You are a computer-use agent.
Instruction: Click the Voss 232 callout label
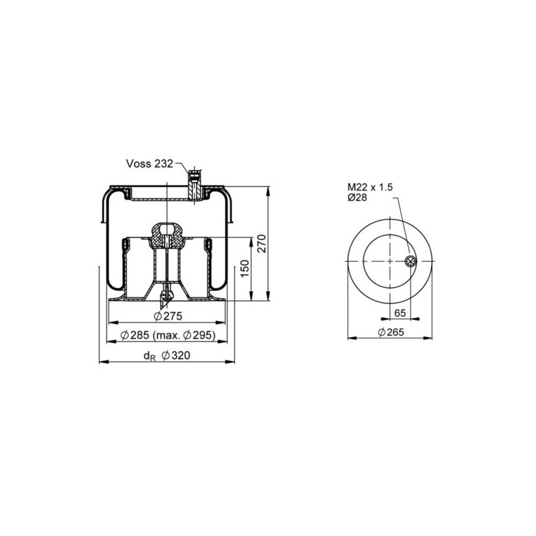pos(149,163)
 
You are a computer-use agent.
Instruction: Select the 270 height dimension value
pos(263,243)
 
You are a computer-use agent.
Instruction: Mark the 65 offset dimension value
pos(400,312)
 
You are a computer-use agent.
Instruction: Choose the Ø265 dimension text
pos(390,333)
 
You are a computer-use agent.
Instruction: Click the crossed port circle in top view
pos(411,261)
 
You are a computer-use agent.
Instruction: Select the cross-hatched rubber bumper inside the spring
pos(167,234)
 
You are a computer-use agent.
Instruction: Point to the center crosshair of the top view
pos(389,261)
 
